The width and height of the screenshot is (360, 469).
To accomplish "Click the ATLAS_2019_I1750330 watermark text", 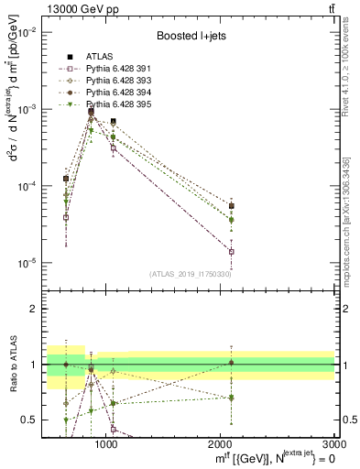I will click(x=191, y=274).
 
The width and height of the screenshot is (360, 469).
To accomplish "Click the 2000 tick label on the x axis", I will click(x=220, y=444).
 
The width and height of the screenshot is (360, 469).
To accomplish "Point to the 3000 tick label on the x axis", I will click(x=334, y=444).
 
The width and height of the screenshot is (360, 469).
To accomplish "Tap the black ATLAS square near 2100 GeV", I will click(x=231, y=206).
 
